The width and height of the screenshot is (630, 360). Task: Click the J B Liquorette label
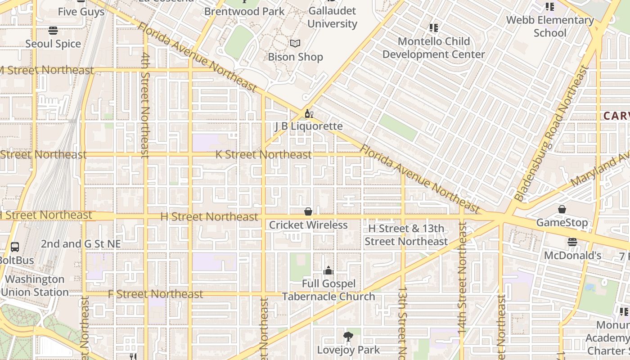click(x=309, y=126)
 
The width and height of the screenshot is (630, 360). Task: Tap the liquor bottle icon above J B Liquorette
click(x=309, y=113)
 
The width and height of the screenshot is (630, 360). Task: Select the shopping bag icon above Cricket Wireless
click(x=308, y=211)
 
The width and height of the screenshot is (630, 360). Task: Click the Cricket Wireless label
click(x=308, y=225)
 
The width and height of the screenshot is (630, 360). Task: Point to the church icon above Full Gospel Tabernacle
click(x=328, y=270)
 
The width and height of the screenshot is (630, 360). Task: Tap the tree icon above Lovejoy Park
click(x=348, y=336)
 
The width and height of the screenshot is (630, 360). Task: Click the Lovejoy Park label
click(x=348, y=350)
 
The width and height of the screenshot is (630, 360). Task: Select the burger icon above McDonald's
click(x=572, y=242)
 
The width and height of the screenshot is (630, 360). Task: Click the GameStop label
click(x=562, y=222)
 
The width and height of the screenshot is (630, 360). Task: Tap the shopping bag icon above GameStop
click(x=562, y=209)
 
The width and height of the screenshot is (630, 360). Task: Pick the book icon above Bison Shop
click(x=295, y=44)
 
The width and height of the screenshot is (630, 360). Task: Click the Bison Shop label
click(x=295, y=57)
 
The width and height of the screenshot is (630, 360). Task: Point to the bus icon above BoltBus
click(x=15, y=247)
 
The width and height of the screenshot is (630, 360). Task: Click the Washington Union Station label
click(x=35, y=285)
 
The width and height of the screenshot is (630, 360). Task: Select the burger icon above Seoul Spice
click(x=53, y=31)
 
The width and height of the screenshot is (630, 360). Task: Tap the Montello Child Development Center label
click(x=433, y=48)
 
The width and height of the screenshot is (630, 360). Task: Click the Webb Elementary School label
click(x=550, y=26)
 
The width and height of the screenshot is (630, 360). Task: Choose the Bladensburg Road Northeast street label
click(x=552, y=133)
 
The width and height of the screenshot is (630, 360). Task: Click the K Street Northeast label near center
click(x=263, y=154)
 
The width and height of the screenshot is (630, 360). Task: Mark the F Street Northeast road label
click(x=156, y=294)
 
